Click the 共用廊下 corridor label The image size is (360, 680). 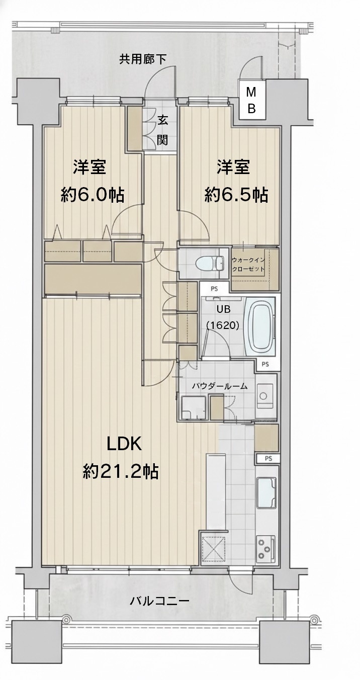pyautogui.click(x=142, y=59)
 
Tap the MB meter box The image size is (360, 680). pyautogui.click(x=251, y=100)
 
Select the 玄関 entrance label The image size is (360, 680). pyautogui.click(x=163, y=131)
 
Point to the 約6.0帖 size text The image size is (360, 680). pyautogui.click(x=93, y=195)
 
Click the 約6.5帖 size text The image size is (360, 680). pyautogui.click(x=236, y=194)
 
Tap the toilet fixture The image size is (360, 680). pyautogui.click(x=210, y=262)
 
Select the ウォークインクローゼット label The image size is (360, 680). pyautogui.click(x=248, y=265)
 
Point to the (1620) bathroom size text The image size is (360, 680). pyautogui.click(x=223, y=325)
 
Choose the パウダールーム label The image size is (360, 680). pyautogui.click(x=219, y=386)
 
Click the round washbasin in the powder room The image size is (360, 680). pyautogui.click(x=263, y=396)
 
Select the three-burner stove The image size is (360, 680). pyautogui.click(x=266, y=548)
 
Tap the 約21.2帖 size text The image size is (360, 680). pyautogui.click(x=121, y=472)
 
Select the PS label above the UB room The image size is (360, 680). pyautogui.click(x=215, y=287)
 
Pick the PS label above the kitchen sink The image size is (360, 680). pyautogui.click(x=268, y=458)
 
